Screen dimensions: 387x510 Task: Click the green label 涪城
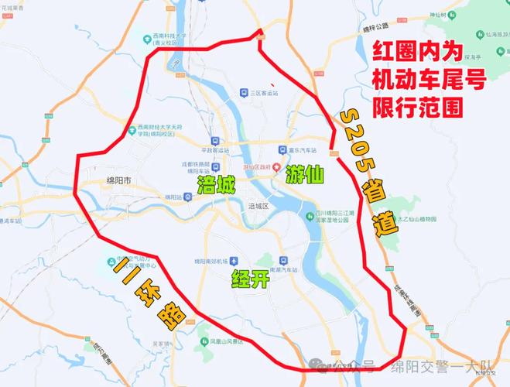(216, 184)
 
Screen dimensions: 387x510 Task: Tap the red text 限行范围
(418, 106)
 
